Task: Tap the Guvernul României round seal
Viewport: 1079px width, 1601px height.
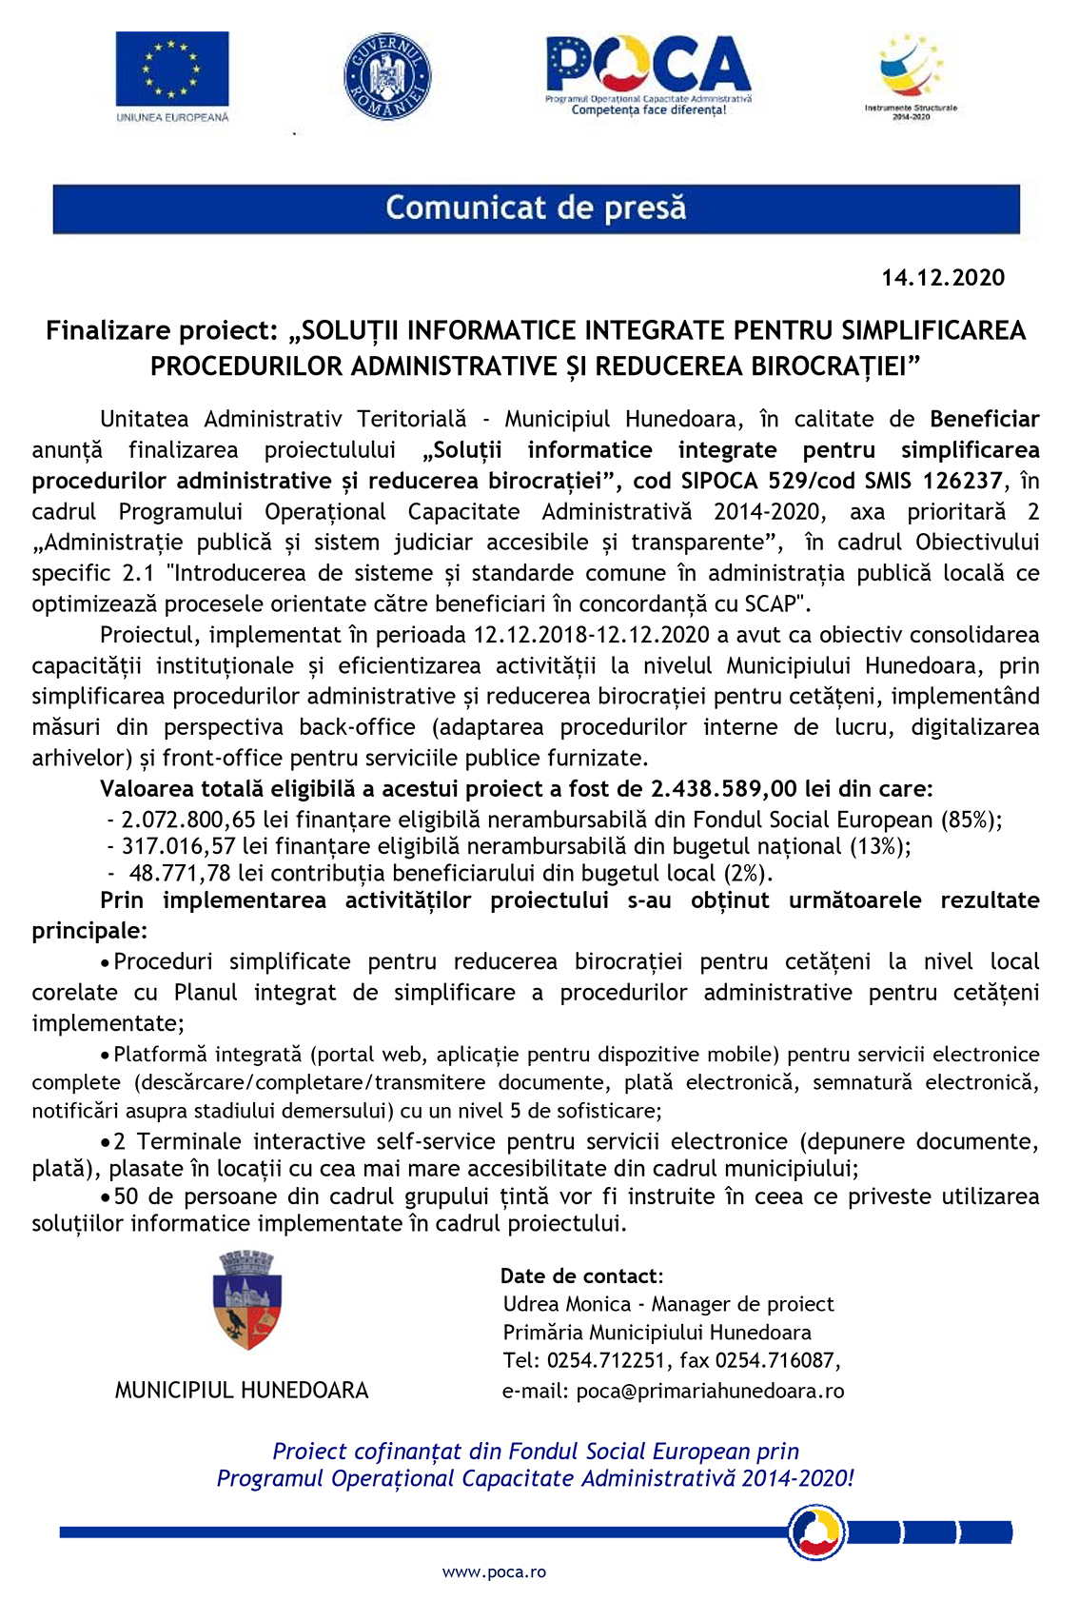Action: coord(386,76)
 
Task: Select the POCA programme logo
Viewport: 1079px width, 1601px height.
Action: coord(648,74)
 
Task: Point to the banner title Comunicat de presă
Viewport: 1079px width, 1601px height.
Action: coord(536,208)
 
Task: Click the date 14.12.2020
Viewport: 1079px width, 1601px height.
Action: coord(942,278)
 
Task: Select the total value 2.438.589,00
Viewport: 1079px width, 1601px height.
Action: coord(723,789)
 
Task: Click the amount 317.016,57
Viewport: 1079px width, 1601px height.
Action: coord(178,846)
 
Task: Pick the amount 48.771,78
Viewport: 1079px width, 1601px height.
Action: coord(179,874)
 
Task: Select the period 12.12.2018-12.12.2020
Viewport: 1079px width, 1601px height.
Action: coord(591,635)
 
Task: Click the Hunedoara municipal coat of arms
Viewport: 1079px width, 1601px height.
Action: coord(247,1300)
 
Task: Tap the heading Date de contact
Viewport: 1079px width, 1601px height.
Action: coord(580,1276)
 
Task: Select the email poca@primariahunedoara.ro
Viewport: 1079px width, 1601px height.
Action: coord(710,1391)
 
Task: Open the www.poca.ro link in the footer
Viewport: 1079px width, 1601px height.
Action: coord(494,1572)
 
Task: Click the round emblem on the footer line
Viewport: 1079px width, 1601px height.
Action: coord(816,1532)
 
